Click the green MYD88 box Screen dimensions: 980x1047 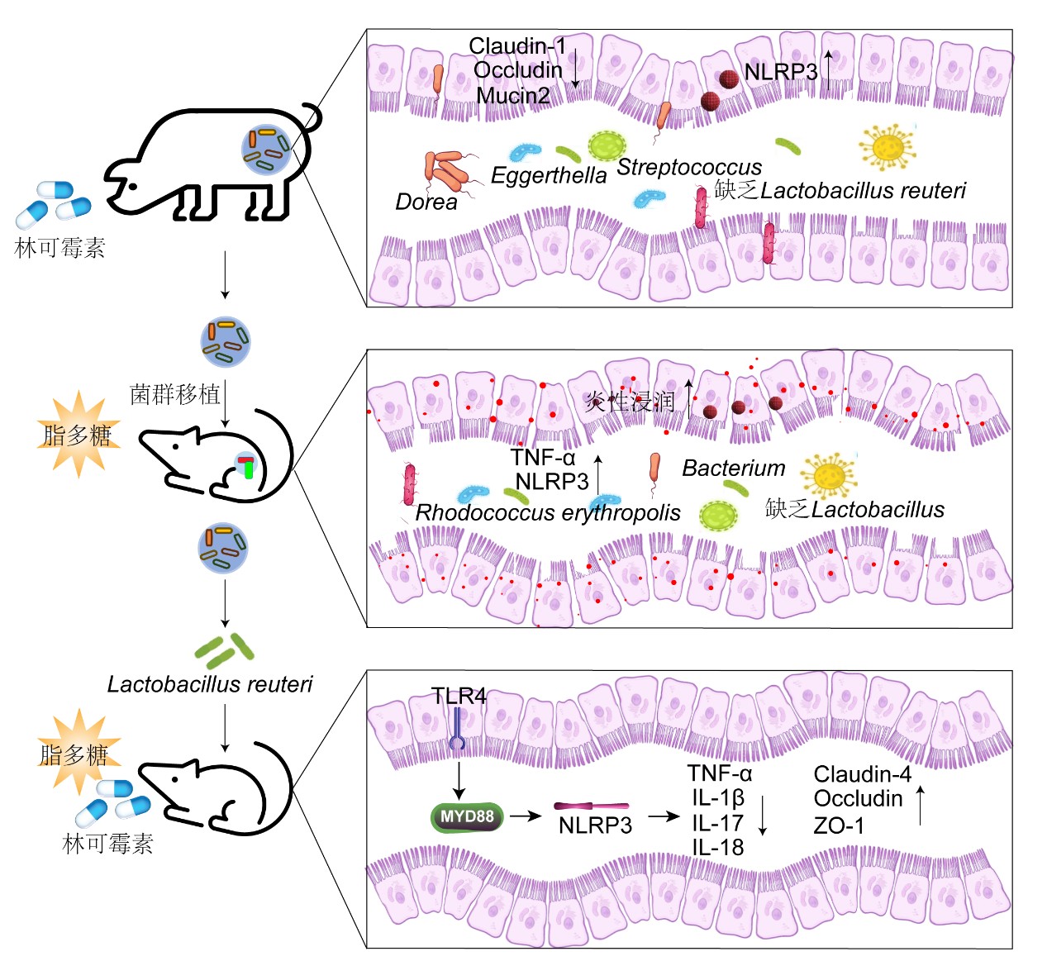coord(467,817)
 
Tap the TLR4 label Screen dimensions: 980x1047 coord(459,697)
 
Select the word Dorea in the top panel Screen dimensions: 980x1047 coord(426,202)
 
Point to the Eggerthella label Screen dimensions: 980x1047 coord(549,175)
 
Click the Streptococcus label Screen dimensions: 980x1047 coord(689,167)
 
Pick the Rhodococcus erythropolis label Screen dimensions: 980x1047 coord(547,513)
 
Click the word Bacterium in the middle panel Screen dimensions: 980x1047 coord(734,469)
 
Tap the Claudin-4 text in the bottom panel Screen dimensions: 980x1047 coord(862,774)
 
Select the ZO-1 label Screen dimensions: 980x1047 coord(839,825)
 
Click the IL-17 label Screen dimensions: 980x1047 coord(717,823)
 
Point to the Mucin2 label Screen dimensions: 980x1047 coord(513,96)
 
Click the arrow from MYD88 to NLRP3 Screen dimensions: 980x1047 coord(524,817)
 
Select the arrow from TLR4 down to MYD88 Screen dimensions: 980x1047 coord(459,778)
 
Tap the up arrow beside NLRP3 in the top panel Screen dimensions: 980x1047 coord(828,69)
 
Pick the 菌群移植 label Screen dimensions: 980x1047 coord(175,394)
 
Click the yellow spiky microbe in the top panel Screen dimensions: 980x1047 coord(887,148)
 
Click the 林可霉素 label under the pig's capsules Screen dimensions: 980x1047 coord(60,248)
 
